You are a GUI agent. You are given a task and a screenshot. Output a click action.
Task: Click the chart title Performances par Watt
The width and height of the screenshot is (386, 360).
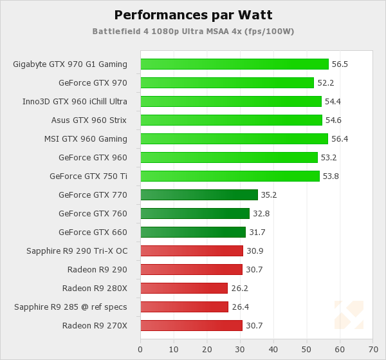coord(192,15)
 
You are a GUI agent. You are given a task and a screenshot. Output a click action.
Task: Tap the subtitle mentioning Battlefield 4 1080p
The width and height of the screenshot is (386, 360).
coord(193,31)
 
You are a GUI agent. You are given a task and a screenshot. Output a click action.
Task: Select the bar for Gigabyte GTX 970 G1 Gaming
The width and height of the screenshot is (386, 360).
coord(234,64)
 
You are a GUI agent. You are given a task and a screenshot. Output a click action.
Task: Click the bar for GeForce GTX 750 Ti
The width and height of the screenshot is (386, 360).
coord(230,176)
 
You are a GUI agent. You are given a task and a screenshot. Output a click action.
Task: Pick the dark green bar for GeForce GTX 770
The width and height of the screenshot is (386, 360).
coord(199,194)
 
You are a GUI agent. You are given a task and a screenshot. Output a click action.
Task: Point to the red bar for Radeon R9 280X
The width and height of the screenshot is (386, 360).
coord(184,288)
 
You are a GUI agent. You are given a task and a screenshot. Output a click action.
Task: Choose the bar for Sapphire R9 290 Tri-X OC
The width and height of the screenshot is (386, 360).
coord(192,251)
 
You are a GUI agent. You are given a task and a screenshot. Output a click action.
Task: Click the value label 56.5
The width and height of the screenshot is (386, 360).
coord(339,64)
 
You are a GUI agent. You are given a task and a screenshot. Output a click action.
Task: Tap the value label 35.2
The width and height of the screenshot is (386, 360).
coord(268,194)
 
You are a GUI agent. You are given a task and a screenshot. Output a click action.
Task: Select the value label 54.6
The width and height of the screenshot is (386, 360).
coord(333,120)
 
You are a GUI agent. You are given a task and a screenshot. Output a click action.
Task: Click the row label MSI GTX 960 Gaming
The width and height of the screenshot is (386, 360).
coord(86,138)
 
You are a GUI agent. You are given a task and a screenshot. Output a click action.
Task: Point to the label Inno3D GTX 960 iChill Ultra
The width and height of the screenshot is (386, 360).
coord(75,101)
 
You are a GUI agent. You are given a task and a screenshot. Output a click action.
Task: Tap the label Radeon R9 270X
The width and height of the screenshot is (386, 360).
coord(95,325)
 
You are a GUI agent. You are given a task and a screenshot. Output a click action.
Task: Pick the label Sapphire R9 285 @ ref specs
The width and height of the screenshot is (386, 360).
coord(71,307)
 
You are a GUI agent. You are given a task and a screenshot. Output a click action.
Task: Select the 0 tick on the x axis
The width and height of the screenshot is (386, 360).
coord(140,349)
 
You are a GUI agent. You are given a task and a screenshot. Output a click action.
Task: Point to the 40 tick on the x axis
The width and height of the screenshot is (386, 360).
coord(273,349)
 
